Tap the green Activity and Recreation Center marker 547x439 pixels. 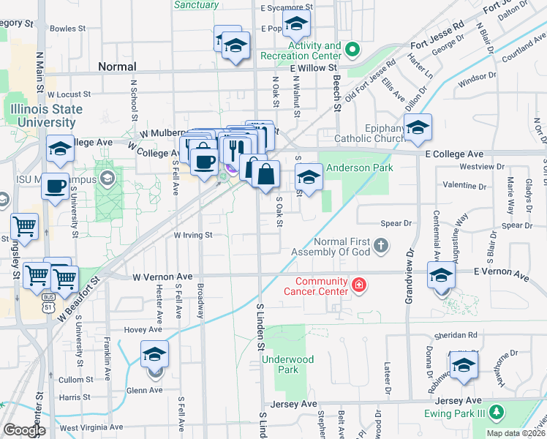pyautogui.click(x=352, y=50)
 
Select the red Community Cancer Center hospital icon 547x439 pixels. pyautogui.click(x=358, y=285)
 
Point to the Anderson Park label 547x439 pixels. pyautogui.click(x=359, y=168)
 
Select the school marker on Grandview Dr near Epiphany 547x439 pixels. pyautogui.click(x=418, y=128)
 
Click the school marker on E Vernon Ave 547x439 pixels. pyautogui.click(x=441, y=276)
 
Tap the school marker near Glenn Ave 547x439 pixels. pyautogui.click(x=154, y=355)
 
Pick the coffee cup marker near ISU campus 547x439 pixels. pyautogui.click(x=56, y=187)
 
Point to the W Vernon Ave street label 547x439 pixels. pyautogui.click(x=162, y=277)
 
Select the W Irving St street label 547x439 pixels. pyautogui.click(x=192, y=236)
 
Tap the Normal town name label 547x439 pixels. pyautogui.click(x=117, y=67)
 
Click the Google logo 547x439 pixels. pyautogui.click(x=24, y=430)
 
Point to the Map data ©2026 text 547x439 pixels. pyautogui.click(x=515, y=433)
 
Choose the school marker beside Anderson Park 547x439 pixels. pyautogui.click(x=309, y=177)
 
